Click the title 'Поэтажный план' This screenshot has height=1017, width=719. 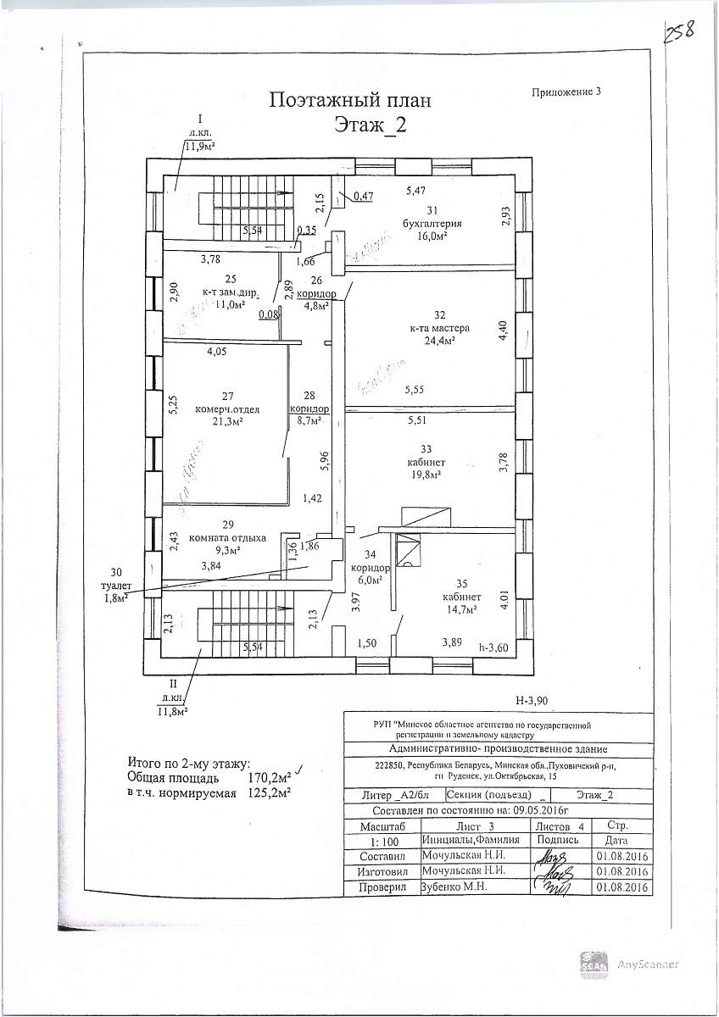pos(350,100)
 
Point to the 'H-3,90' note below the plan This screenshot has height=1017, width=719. pos(532,700)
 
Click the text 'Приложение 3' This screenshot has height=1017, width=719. pos(566,93)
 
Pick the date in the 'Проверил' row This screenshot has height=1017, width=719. pos(622,887)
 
